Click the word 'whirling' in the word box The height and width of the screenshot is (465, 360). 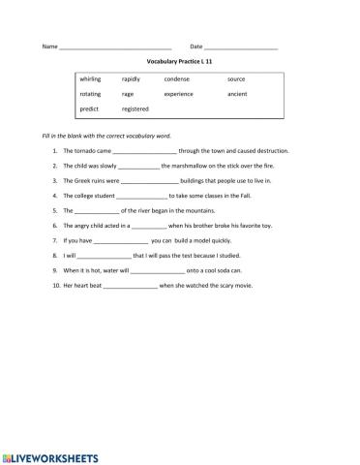tap(90, 78)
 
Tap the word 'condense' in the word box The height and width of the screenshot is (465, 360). tap(177, 78)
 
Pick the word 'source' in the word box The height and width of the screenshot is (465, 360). tap(236, 78)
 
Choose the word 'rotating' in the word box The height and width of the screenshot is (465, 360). tap(90, 94)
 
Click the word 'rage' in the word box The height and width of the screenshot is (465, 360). tap(128, 94)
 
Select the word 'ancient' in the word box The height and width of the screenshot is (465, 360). tap(238, 94)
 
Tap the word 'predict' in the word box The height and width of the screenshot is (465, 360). tap(89, 109)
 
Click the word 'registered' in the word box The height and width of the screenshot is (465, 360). tap(135, 109)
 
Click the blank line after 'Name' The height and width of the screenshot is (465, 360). tap(115, 47)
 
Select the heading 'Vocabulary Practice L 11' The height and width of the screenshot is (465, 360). tap(180, 60)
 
